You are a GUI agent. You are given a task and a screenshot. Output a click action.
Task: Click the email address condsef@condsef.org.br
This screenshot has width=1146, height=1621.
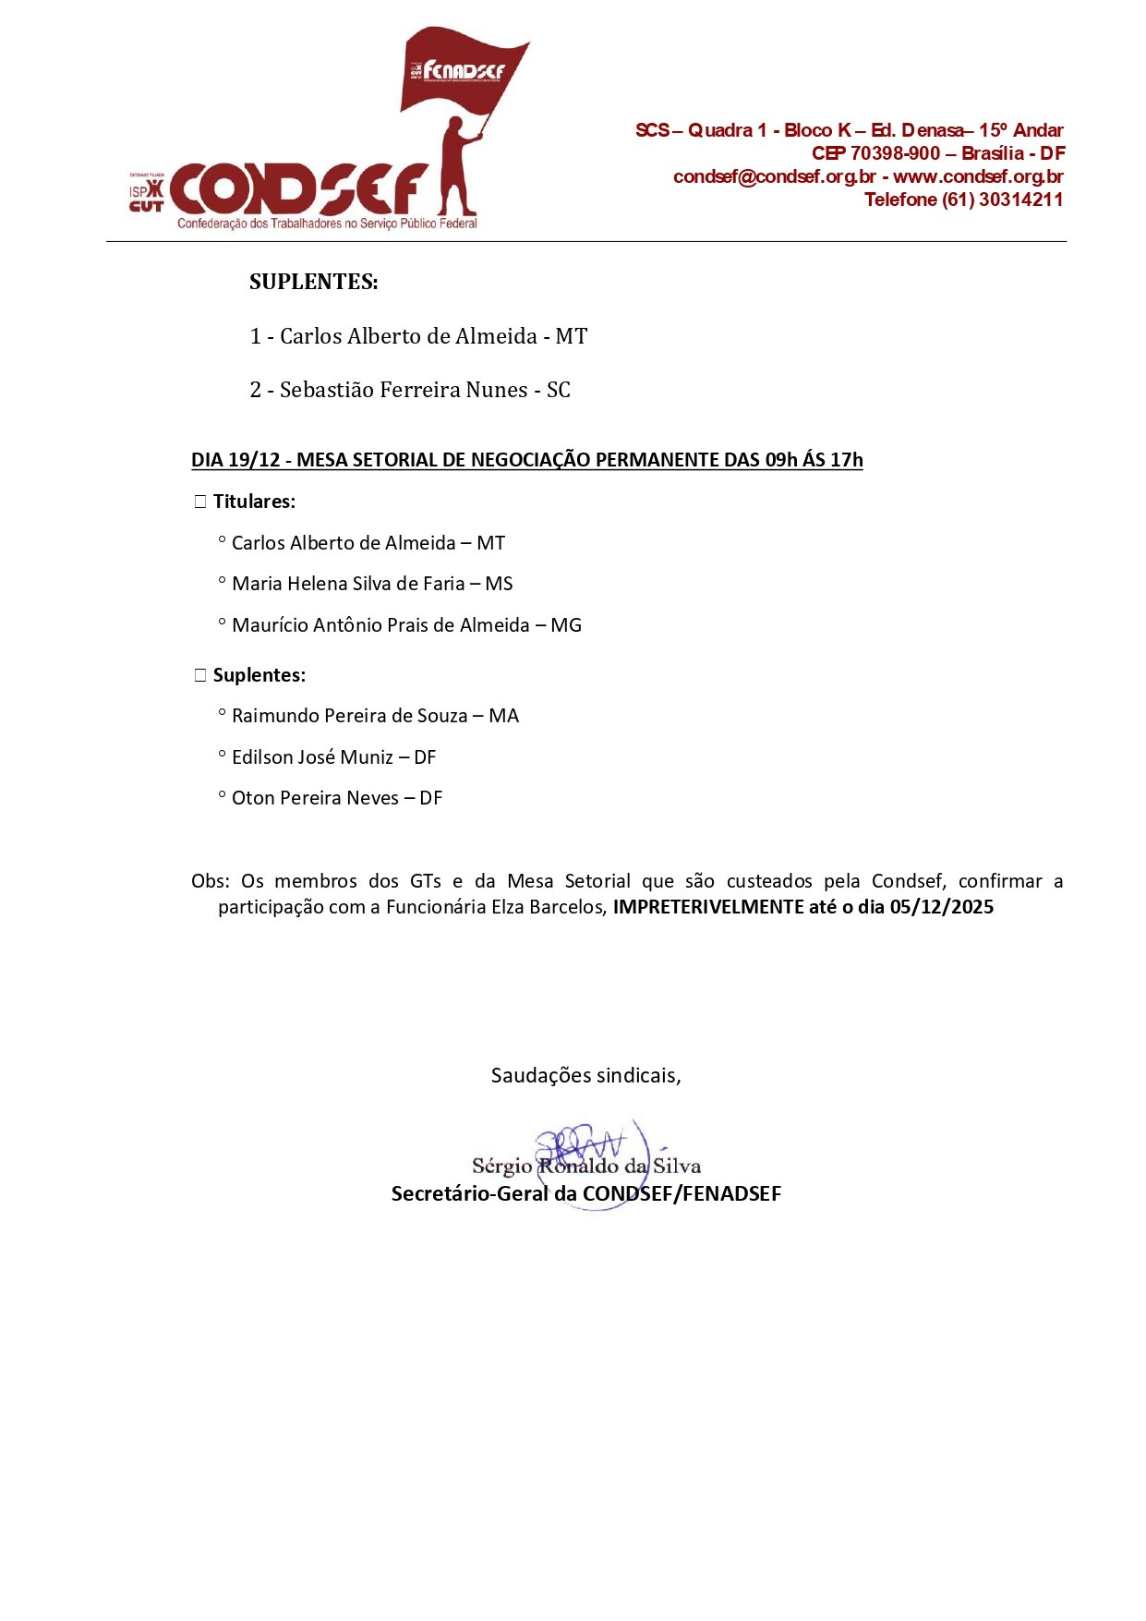tap(774, 176)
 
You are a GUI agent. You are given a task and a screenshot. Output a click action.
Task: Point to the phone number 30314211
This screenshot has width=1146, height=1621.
tap(1020, 200)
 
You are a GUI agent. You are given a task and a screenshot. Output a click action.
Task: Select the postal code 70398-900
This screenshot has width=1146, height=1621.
tap(894, 153)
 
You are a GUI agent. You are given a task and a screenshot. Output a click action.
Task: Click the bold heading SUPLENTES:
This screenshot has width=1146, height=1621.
tap(313, 282)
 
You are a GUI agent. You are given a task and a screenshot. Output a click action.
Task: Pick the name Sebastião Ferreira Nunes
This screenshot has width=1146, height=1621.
tap(404, 390)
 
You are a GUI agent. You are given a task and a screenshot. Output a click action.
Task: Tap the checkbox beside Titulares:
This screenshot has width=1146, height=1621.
tap(200, 502)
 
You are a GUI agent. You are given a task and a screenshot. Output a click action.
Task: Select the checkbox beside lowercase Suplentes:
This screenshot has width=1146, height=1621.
tap(200, 675)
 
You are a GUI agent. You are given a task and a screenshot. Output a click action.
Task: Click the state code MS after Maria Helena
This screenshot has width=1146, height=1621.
tap(499, 584)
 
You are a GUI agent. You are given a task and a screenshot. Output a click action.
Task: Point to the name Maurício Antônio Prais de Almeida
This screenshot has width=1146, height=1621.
tap(380, 625)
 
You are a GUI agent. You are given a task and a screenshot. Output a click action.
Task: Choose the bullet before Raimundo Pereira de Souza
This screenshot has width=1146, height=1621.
tap(222, 713)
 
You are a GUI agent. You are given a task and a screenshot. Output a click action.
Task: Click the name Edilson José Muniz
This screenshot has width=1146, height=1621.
tap(312, 757)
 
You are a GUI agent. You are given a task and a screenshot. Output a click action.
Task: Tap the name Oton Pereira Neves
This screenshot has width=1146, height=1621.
tap(315, 798)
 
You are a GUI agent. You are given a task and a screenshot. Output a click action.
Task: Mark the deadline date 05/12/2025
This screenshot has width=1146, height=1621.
tap(941, 907)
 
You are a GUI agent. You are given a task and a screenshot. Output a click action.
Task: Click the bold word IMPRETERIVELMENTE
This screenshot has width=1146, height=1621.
tap(708, 907)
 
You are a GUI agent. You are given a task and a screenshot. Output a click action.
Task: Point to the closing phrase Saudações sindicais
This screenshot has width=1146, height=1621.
tap(585, 1075)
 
